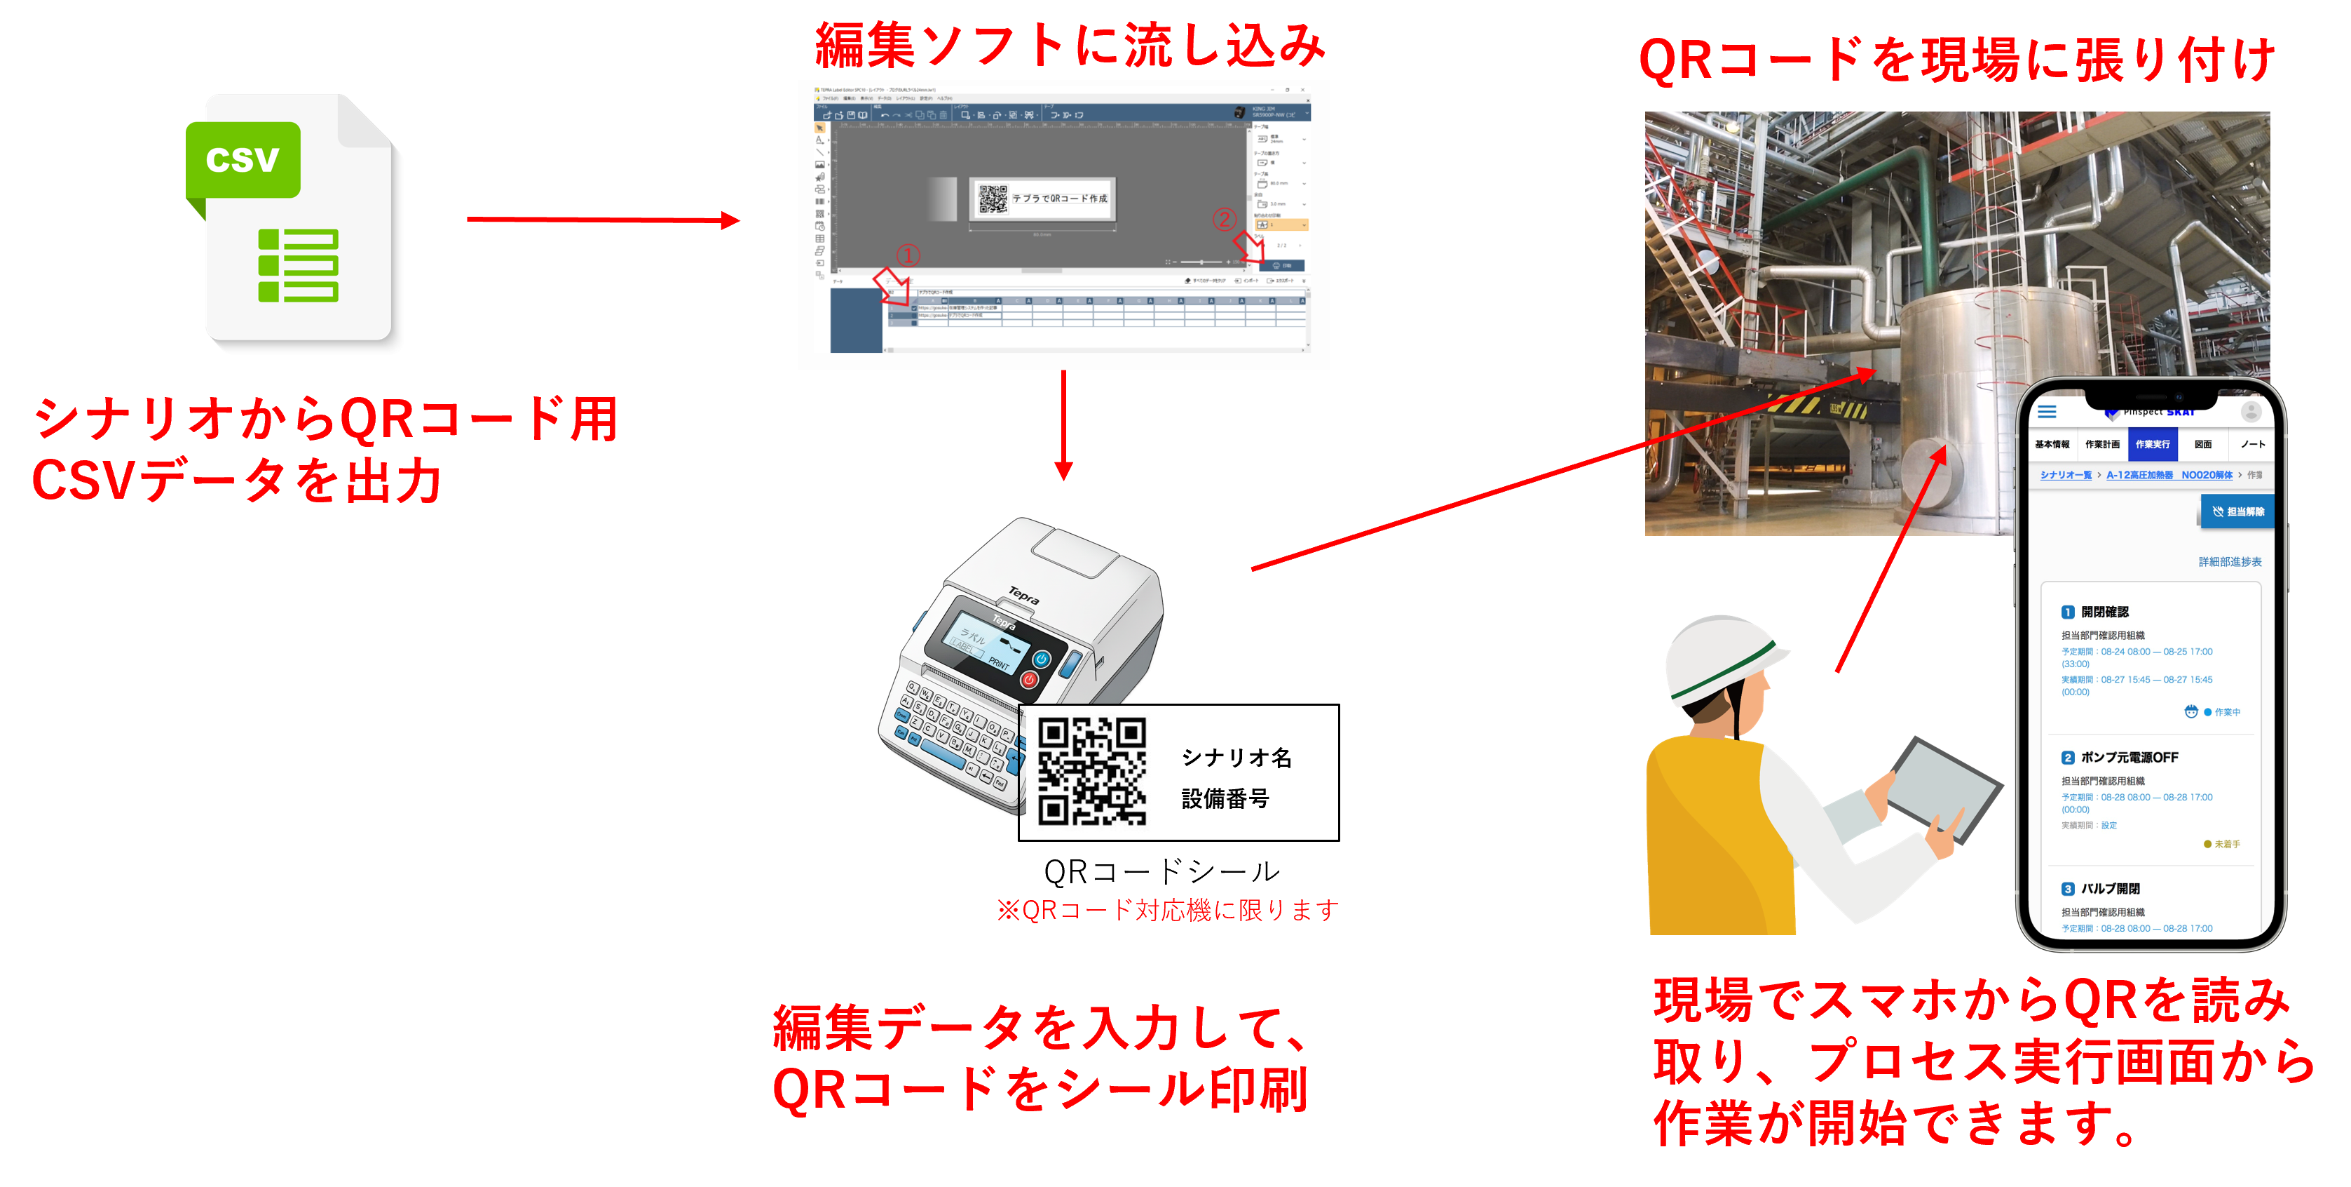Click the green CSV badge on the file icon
click(243, 160)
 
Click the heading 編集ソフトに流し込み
click(1070, 46)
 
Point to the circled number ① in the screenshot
click(907, 255)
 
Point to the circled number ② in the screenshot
click(1224, 219)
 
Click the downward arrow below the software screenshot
click(1063, 424)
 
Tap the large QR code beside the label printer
click(1093, 772)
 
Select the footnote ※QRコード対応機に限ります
click(1167, 911)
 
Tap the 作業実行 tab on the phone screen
click(2152, 445)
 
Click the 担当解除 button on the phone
click(2238, 511)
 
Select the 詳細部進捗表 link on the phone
click(2230, 561)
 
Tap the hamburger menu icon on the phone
click(2047, 412)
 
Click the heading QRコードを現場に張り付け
click(1956, 60)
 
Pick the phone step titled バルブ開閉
click(2109, 888)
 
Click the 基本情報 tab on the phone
click(2052, 445)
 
